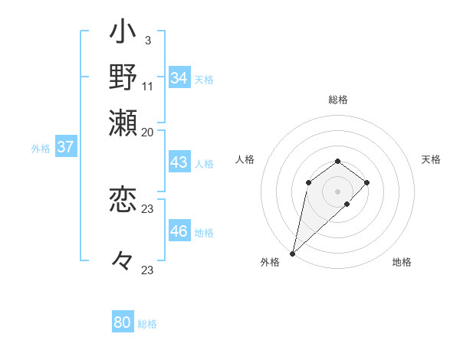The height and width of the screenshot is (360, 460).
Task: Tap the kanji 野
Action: pyautogui.click(x=123, y=77)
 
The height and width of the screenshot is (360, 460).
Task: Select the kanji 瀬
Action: pyautogui.click(x=123, y=120)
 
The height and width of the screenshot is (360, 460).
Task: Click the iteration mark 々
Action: pyautogui.click(x=123, y=260)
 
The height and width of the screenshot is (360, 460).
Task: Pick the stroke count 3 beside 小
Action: pyautogui.click(x=147, y=39)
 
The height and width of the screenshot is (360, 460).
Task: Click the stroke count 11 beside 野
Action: pyautogui.click(x=148, y=85)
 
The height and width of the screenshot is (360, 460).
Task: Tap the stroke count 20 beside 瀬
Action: pyautogui.click(x=148, y=131)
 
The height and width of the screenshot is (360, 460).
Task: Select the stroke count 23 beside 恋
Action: pyautogui.click(x=148, y=208)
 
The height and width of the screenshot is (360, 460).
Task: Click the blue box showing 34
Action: pyautogui.click(x=179, y=78)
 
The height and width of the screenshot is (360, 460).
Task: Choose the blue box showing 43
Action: pyautogui.click(x=179, y=163)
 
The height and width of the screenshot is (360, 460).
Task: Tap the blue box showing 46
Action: pyautogui.click(x=179, y=231)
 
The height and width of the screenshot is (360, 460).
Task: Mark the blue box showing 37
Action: pyautogui.click(x=65, y=148)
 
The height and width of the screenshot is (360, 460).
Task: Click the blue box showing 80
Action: pyautogui.click(x=122, y=322)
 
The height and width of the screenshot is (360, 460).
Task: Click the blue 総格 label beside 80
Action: pyautogui.click(x=147, y=324)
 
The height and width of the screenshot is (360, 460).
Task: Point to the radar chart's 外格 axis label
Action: pyautogui.click(x=270, y=262)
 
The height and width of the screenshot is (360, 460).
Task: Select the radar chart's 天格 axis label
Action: pyautogui.click(x=431, y=159)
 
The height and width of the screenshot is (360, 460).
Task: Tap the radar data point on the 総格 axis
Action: pyautogui.click(x=337, y=161)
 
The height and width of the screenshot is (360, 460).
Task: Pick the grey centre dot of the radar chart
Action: pyautogui.click(x=337, y=191)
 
